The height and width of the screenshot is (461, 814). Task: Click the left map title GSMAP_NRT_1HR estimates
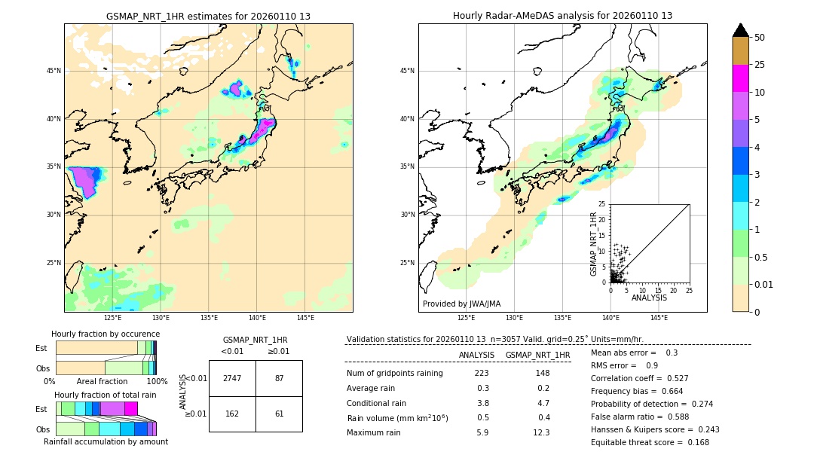pyautogui.click(x=208, y=16)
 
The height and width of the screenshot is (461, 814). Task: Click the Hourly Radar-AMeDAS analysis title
pyautogui.click(x=562, y=16)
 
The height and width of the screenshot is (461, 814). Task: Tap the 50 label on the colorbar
pyautogui.click(x=760, y=37)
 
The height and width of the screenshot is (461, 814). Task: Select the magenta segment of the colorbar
pyautogui.click(x=740, y=78)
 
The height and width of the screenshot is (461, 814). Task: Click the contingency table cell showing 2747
pyautogui.click(x=232, y=378)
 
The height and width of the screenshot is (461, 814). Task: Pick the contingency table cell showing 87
pyautogui.click(x=279, y=378)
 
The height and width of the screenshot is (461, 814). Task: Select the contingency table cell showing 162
pyautogui.click(x=232, y=414)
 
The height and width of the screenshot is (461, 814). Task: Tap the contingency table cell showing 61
pyautogui.click(x=279, y=414)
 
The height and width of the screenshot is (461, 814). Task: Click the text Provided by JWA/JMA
pyautogui.click(x=461, y=304)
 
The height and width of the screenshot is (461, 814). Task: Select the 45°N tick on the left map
pyautogui.click(x=54, y=71)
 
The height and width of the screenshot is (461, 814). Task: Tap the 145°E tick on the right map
pyautogui.click(x=659, y=318)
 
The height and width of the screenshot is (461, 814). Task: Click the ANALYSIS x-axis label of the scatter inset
pyautogui.click(x=649, y=298)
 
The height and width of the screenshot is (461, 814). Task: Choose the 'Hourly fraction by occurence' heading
pyautogui.click(x=106, y=334)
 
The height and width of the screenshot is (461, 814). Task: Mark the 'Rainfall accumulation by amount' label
pyautogui.click(x=106, y=441)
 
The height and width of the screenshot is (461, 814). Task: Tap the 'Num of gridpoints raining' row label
pyautogui.click(x=394, y=373)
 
